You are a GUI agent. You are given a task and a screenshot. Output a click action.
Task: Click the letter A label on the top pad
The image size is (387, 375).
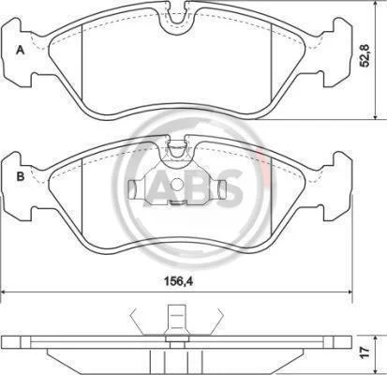(x=21, y=50)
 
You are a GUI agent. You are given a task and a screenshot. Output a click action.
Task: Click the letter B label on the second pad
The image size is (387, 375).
(x=21, y=176)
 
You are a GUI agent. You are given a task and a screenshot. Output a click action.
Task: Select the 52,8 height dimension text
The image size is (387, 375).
(x=365, y=55)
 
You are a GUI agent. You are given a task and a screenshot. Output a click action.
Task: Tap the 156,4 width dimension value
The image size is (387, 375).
(x=179, y=281)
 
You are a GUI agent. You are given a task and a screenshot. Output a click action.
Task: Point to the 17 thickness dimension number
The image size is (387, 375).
(x=365, y=352)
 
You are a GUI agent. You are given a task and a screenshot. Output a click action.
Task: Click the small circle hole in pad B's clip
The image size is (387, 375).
(x=177, y=185)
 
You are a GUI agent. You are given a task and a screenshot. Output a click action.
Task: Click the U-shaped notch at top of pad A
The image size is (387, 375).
(x=177, y=19)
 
